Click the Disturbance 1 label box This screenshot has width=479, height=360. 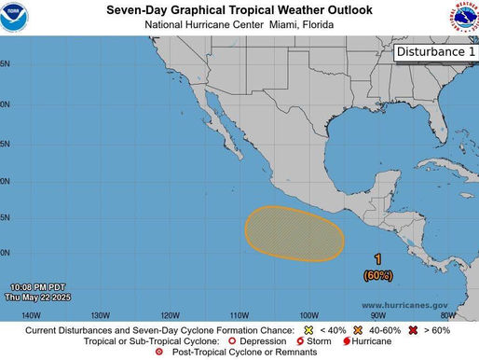pos(433,52)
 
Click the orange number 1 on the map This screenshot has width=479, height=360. pos(377,259)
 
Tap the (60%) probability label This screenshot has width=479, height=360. pos(377,274)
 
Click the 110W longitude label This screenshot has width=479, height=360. pos(239,314)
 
